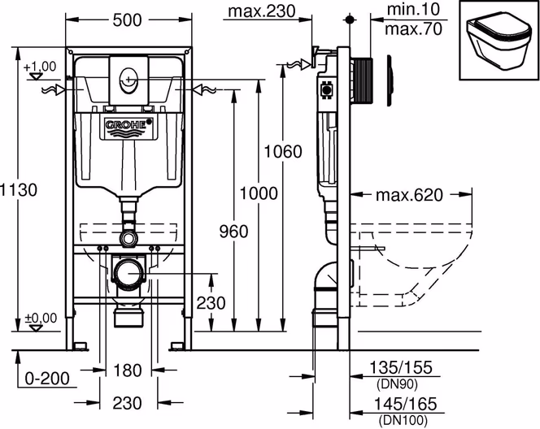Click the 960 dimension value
click(x=233, y=232)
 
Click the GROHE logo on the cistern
click(x=128, y=125)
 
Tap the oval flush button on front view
click(x=128, y=80)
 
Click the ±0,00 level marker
click(x=40, y=318)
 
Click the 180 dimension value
click(x=128, y=371)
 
